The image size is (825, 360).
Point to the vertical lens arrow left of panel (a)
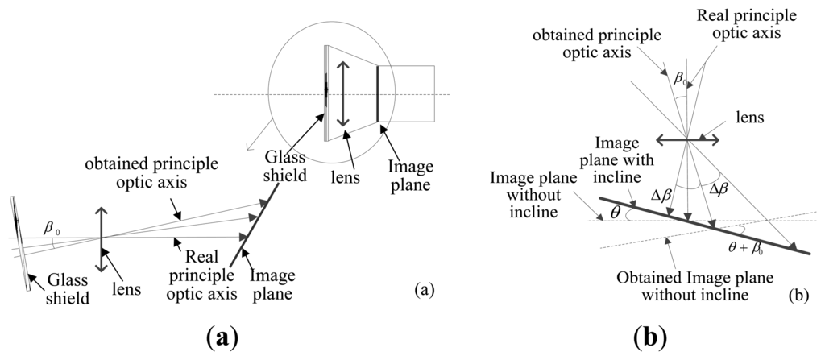[102, 240]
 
